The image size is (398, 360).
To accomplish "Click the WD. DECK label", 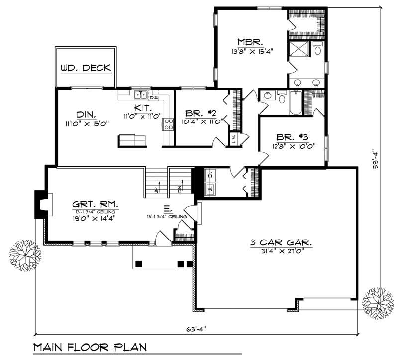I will [x=86, y=68].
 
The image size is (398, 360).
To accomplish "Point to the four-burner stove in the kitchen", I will [x=168, y=123].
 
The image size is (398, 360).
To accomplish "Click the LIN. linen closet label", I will [x=233, y=139].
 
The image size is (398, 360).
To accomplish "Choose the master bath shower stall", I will [x=299, y=50].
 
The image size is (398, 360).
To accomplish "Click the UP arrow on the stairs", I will [x=156, y=189].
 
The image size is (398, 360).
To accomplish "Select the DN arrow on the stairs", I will [x=180, y=189].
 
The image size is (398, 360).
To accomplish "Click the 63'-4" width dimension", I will [x=197, y=328].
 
